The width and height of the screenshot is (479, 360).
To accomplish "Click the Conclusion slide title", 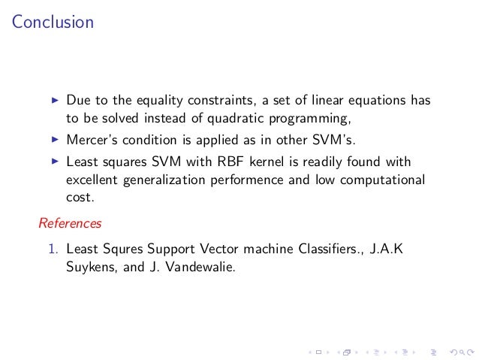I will (53, 23).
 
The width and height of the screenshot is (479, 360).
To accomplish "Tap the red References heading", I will (70, 223).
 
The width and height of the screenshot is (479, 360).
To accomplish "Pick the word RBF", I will (220, 161).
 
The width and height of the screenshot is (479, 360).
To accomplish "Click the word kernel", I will (257, 161).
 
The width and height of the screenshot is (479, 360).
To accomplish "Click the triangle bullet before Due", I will (54, 99).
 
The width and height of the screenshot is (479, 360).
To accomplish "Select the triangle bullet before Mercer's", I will (54, 139).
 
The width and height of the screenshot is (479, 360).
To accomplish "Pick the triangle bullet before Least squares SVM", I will (54, 161).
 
